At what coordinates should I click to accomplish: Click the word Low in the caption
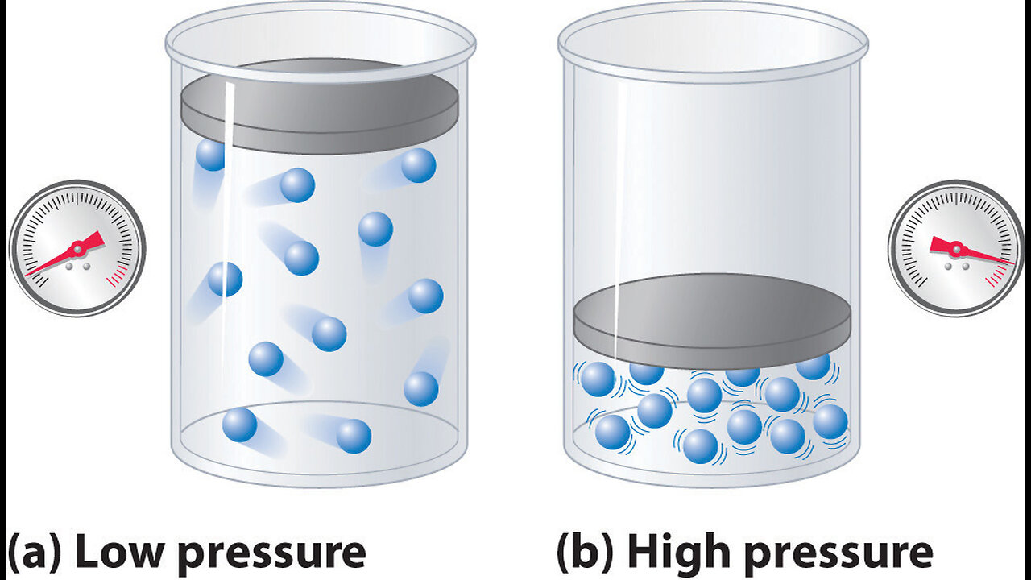click(118, 551)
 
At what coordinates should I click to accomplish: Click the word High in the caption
click(679, 551)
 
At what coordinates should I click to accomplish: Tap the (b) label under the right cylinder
click(585, 552)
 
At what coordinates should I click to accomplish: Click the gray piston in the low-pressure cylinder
click(320, 106)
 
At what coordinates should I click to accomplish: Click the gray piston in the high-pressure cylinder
click(712, 321)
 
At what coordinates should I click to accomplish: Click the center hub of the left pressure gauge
click(77, 250)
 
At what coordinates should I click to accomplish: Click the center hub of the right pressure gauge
click(956, 250)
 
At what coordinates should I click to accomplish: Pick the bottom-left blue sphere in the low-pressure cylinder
click(239, 425)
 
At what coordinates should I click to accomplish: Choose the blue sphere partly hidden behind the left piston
click(210, 155)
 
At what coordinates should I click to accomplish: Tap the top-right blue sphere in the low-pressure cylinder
click(418, 165)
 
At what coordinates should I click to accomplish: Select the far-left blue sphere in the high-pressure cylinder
click(598, 379)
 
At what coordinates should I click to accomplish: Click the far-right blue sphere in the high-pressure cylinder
click(830, 421)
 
